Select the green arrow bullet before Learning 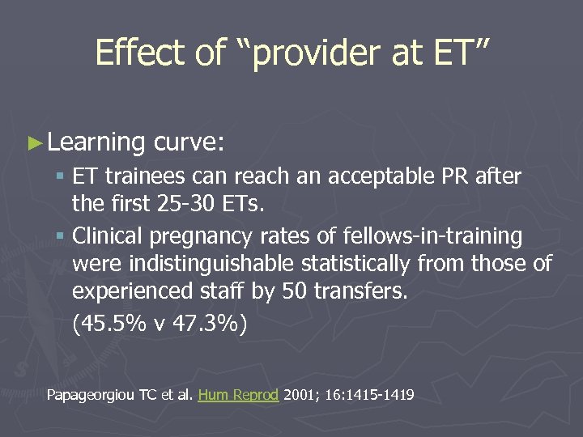tap(32, 142)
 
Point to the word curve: tap(189, 142)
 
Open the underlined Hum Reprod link tap(238, 395)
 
